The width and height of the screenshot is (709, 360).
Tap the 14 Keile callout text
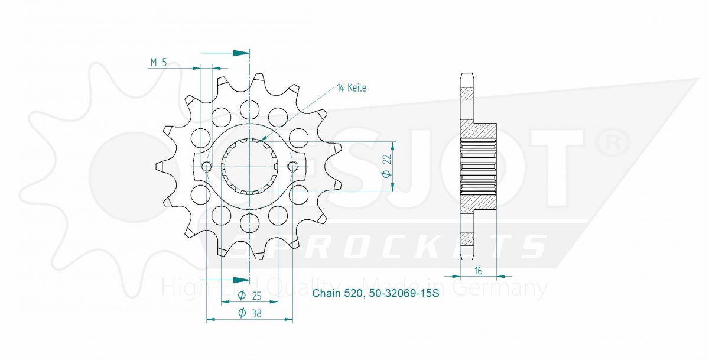[352, 88]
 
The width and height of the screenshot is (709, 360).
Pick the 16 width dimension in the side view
[479, 271]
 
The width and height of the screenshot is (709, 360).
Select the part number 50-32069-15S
[402, 294]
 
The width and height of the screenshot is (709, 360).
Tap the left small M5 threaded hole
[206, 167]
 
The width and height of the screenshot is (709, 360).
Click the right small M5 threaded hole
[293, 167]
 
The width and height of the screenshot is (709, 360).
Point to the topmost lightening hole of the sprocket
[249, 108]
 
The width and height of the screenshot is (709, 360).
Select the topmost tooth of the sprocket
[259, 80]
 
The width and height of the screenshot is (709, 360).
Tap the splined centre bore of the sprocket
[249, 167]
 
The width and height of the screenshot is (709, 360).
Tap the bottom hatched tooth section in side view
[467, 240]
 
